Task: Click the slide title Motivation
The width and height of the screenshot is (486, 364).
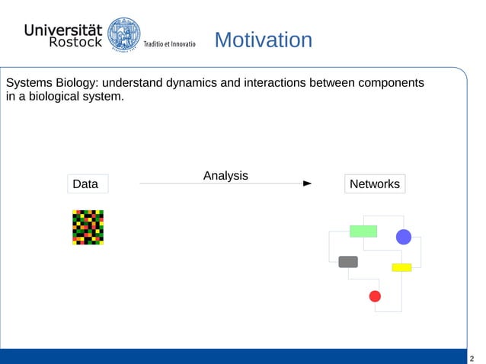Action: pyautogui.click(x=263, y=40)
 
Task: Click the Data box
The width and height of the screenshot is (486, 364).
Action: pyautogui.click(x=85, y=184)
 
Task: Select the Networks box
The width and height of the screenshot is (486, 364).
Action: pyautogui.click(x=374, y=184)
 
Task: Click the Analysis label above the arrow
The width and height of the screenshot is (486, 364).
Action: pyautogui.click(x=225, y=176)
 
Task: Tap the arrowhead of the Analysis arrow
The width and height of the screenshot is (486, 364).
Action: pyautogui.click(x=308, y=184)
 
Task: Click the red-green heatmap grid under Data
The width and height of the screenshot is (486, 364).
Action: pyautogui.click(x=88, y=227)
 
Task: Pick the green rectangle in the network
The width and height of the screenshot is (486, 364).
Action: pyautogui.click(x=363, y=231)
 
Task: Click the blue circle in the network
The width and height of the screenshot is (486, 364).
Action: pyautogui.click(x=404, y=237)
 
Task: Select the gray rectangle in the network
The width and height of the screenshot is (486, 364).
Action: pyautogui.click(x=348, y=262)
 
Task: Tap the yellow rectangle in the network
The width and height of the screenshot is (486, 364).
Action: pyautogui.click(x=401, y=267)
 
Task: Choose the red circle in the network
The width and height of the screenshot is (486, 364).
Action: pyautogui.click(x=375, y=295)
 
